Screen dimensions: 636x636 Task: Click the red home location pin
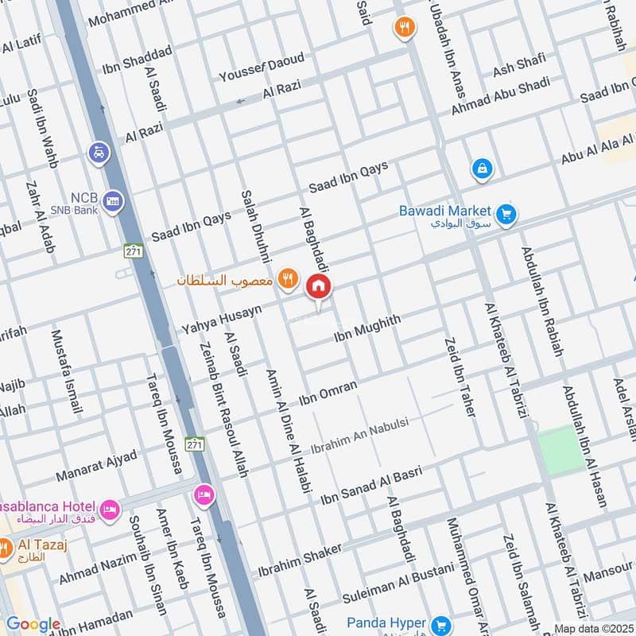(x=319, y=287)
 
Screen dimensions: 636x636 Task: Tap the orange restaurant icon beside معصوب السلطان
(x=288, y=279)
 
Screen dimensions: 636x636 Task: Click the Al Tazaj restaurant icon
(x=4, y=547)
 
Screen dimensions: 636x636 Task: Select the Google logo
(x=33, y=625)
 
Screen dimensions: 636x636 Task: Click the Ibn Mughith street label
(x=367, y=327)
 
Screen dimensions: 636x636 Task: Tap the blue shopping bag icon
(x=482, y=169)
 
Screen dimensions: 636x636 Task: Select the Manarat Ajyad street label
(x=96, y=467)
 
